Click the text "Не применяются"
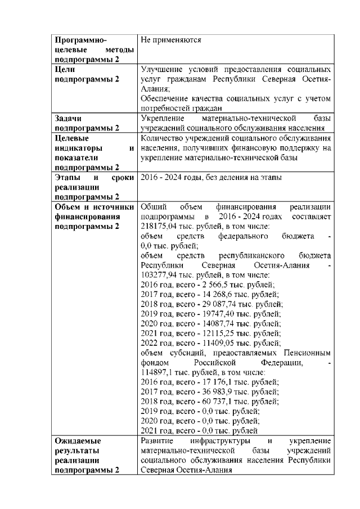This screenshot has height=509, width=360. (171, 40)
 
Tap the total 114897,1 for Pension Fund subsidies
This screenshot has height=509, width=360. (156, 372)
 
